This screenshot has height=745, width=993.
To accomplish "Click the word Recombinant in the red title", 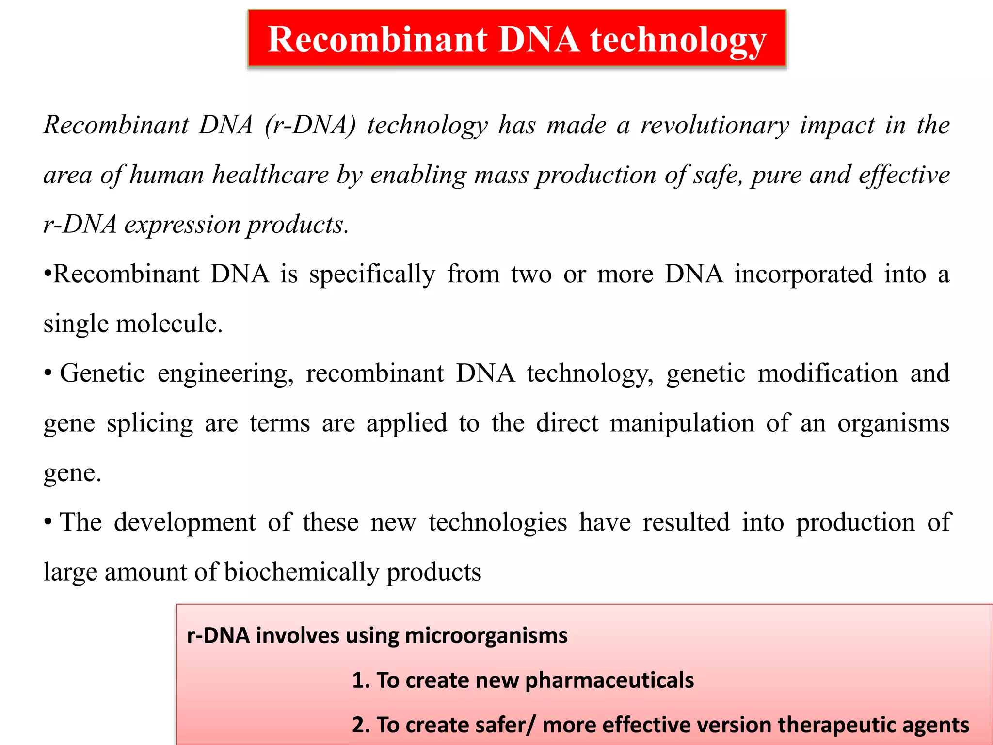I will tap(377, 39).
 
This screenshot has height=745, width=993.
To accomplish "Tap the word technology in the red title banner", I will tap(678, 40).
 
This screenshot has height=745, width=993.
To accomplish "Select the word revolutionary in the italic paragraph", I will tap(715, 125).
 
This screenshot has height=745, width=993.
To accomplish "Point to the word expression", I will tap(182, 225).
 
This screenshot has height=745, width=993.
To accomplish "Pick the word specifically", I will tap(372, 275).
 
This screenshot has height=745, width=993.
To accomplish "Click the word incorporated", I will tap(803, 274).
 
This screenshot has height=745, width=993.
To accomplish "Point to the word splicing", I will tap(150, 424).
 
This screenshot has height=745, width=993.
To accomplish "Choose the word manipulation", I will tap(682, 423).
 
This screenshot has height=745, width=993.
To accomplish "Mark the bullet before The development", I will tap(48, 522).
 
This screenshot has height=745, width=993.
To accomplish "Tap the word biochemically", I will tap(301, 572).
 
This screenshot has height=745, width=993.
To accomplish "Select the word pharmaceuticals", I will tap(609, 680).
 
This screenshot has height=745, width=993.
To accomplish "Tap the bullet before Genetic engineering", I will tap(48, 373).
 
